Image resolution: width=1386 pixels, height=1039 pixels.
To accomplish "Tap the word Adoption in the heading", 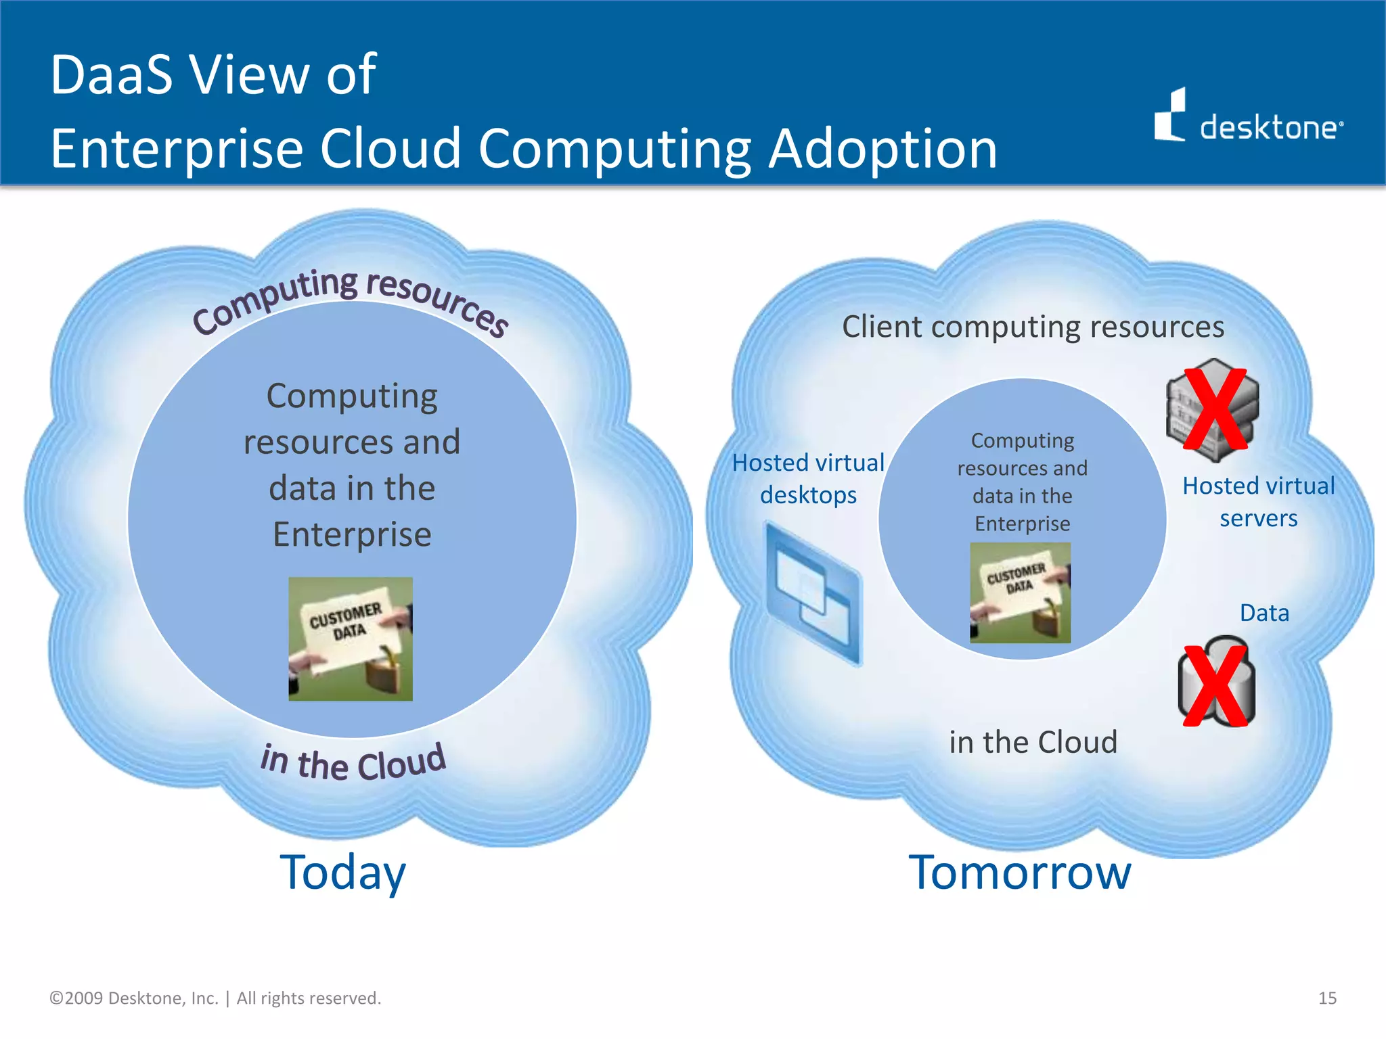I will coord(882,149).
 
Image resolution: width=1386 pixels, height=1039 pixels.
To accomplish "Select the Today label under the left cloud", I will coord(342,873).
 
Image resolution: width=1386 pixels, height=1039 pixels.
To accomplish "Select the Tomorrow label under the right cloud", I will coord(1019,873).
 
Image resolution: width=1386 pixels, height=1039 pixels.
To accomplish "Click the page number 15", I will coord(1327,998).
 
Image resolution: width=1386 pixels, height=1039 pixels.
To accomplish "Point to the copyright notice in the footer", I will coord(215,998).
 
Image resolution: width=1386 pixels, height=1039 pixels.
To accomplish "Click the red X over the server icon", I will coord(1215,409).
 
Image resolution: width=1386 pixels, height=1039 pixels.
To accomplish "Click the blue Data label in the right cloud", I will coord(1264,613).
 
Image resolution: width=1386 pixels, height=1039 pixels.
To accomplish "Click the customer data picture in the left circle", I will coord(351,639).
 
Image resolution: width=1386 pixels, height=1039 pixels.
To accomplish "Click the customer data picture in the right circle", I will coord(1020,593).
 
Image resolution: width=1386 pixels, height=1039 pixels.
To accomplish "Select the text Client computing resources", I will coord(1033,327).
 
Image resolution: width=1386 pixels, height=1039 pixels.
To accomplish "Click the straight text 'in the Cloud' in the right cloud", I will coord(1033,742).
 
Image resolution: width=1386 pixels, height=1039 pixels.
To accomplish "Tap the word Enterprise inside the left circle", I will coord(352,534).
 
